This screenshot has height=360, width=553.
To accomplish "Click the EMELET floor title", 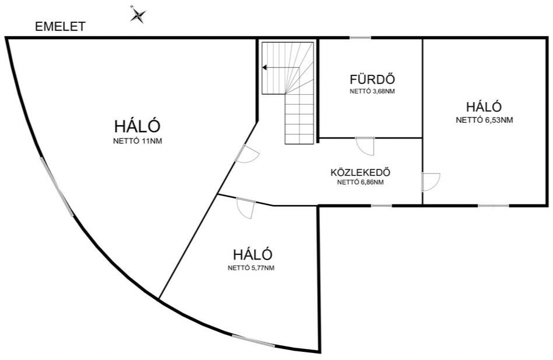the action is tap(60, 27).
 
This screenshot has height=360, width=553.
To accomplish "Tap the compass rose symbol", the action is tap(138, 15).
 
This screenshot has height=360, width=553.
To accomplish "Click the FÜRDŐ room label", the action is tap(372, 79).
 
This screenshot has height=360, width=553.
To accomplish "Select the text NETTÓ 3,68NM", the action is tap(372, 91).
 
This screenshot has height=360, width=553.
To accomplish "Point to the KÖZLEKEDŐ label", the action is tap(360, 172).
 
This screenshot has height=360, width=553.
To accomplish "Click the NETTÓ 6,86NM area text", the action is tap(360, 182).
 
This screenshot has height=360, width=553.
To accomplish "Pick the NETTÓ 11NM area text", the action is tap(138, 141).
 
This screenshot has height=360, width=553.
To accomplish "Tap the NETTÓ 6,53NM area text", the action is tap(484, 120).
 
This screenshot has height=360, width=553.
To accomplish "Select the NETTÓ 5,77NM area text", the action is tap(251, 268).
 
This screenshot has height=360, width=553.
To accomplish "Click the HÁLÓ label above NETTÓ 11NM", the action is tap(138, 126).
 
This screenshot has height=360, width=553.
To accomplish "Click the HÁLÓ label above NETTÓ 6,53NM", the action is tap(484, 106).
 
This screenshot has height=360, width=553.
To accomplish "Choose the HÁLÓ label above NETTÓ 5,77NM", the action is tap(252, 254).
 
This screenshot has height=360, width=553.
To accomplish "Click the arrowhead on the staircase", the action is tap(265, 67).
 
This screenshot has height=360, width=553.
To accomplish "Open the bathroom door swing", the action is tap(364, 146).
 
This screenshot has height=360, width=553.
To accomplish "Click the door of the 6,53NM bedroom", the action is tap(430, 182).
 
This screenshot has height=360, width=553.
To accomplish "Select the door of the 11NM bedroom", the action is tap(247, 154).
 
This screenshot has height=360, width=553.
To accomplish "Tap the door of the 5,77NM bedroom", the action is tap(246, 209).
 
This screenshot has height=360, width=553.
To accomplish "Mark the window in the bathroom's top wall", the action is tap(360, 37).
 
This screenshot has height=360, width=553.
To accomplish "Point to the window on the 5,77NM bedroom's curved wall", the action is tap(253, 341).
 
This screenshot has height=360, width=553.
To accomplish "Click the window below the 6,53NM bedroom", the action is tap(494, 205).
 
